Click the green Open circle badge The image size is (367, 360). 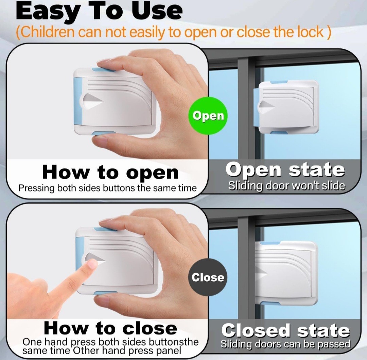coord(208,116)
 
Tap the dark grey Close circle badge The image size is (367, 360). coord(208,278)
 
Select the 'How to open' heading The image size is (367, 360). coord(110,172)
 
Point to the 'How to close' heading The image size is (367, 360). coord(110,328)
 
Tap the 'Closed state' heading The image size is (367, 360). coord(285,330)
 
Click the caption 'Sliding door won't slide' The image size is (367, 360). coord(287,186)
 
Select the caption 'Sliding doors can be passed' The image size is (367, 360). coord(285,344)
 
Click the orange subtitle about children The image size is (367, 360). coord(173,32)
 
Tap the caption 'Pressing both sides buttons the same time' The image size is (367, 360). coord(107,188)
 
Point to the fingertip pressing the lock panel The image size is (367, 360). coord(92,265)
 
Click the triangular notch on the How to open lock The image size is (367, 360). coord(93,102)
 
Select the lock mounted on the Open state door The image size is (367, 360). coord(286,107)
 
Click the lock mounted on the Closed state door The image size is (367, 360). coord(286,274)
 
